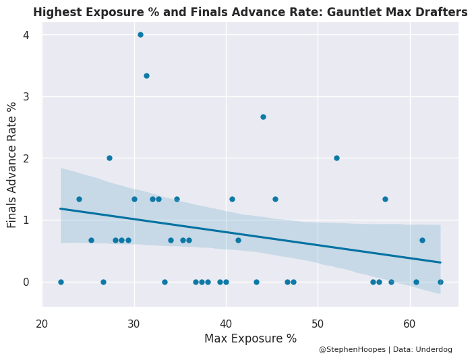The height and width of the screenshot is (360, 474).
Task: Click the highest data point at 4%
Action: pyautogui.click(x=140, y=34)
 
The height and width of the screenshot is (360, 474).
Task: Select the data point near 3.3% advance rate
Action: pyautogui.click(x=146, y=76)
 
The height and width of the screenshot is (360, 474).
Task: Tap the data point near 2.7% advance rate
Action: pyautogui.click(x=263, y=117)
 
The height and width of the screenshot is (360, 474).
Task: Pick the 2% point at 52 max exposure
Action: pyautogui.click(x=336, y=158)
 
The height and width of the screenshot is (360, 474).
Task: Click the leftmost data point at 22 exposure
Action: pyautogui.click(x=61, y=282)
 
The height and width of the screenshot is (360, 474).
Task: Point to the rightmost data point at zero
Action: pyautogui.click(x=440, y=282)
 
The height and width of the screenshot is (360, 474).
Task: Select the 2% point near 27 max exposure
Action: pyautogui.click(x=109, y=158)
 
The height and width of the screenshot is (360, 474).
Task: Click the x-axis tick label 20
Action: pyautogui.click(x=42, y=324)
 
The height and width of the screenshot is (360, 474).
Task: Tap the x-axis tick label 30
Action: pyautogui.click(x=134, y=324)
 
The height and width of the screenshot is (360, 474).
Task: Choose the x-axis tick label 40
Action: pyautogui.click(x=226, y=324)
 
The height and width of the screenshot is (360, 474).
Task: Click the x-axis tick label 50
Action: pyautogui.click(x=318, y=324)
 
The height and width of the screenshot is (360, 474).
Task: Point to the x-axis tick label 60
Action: pyautogui.click(x=409, y=324)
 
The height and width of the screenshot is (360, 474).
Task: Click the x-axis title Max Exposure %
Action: pyautogui.click(x=250, y=338)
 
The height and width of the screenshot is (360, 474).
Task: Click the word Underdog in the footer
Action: pyautogui.click(x=435, y=350)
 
